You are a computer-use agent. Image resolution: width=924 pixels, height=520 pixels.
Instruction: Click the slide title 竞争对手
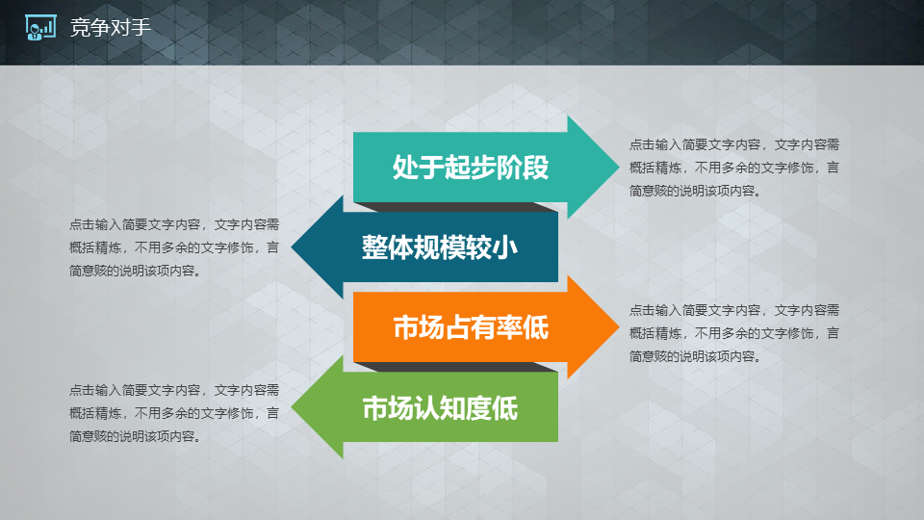tap(110, 27)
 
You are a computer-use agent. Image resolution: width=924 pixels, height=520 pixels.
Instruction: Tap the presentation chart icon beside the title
tap(40, 27)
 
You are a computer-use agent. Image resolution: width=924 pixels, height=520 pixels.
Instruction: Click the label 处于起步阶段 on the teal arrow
tap(471, 167)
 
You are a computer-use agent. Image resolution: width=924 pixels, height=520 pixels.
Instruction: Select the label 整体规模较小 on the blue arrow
tap(440, 247)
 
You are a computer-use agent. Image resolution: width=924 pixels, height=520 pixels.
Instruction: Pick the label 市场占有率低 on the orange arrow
tap(471, 327)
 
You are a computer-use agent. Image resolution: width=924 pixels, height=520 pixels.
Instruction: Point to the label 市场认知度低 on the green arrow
tap(440, 408)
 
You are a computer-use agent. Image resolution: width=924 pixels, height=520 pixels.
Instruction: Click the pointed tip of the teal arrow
tap(619, 167)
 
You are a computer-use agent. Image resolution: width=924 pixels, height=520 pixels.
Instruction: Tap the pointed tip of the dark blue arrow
tap(292, 247)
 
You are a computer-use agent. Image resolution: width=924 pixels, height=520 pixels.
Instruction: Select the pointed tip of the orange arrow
tap(619, 327)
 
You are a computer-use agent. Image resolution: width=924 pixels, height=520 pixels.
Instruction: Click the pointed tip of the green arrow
tap(292, 407)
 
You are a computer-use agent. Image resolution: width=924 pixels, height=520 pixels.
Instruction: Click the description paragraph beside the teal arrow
tap(733, 168)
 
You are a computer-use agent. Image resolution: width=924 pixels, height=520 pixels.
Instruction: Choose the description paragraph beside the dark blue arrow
tap(174, 247)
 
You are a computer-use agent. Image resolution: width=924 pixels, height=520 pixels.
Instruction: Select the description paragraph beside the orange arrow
tap(733, 333)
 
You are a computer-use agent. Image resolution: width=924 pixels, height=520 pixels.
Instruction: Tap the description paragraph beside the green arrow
tap(174, 413)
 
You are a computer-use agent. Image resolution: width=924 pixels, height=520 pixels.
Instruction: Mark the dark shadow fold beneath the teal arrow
tap(456, 207)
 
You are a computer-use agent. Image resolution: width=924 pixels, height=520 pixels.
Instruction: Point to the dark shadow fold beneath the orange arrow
tap(456, 367)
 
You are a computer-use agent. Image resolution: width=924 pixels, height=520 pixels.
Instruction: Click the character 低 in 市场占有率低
tap(536, 327)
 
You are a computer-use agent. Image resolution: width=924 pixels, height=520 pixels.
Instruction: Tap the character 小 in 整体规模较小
tap(505, 247)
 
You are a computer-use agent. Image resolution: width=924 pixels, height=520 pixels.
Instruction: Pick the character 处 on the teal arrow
tap(405, 167)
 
